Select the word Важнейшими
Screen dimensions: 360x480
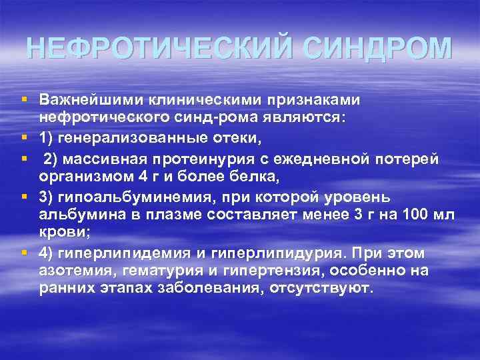coord(83,100)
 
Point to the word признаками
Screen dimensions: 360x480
coord(313,100)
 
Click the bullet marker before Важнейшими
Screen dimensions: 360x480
coord(24,100)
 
